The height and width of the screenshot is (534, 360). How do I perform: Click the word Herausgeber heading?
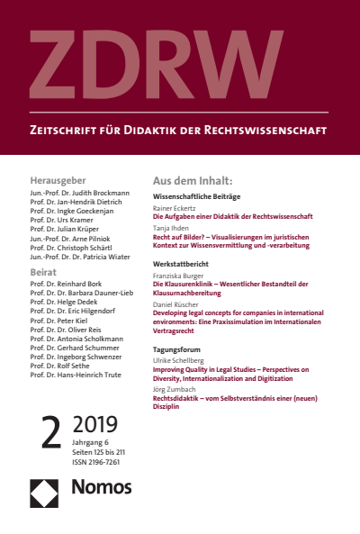pyautogui.click(x=58, y=180)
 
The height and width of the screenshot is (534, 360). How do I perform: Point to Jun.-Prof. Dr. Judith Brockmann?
pyautogui.click(x=79, y=193)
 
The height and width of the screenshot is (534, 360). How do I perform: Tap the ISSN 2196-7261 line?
pyautogui.click(x=96, y=463)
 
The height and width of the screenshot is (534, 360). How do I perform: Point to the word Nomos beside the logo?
pyautogui.click(x=101, y=488)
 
